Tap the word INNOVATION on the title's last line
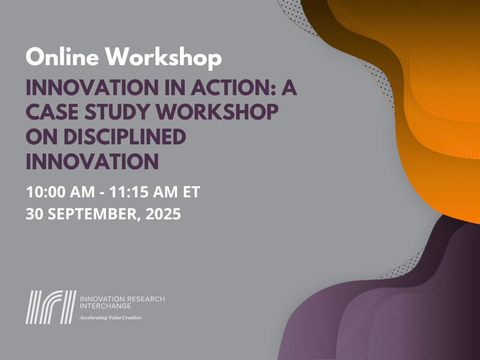(x=92, y=162)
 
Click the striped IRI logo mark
(x=51, y=307)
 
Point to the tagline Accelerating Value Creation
(x=111, y=318)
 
